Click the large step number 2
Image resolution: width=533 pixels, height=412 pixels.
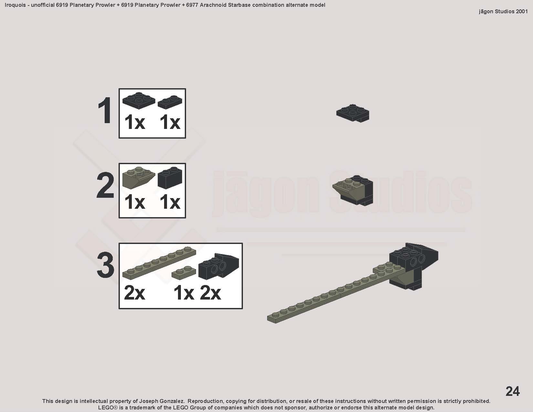(106, 185)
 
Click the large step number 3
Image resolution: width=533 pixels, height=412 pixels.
(106, 265)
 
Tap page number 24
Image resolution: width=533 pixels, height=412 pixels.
(512, 391)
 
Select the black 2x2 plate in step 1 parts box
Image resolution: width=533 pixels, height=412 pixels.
(139, 100)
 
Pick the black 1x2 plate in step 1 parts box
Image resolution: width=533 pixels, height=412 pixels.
(170, 102)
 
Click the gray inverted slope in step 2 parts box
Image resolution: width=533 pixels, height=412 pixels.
(138, 178)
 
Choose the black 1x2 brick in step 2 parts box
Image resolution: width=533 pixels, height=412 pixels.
(170, 178)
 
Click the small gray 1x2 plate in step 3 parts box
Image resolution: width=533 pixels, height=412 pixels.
(184, 273)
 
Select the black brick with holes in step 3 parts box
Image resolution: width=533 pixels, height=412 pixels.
(219, 266)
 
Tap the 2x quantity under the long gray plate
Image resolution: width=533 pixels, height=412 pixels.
(134, 293)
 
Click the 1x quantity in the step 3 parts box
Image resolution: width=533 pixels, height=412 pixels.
(184, 293)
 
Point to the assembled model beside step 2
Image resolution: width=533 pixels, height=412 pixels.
(353, 190)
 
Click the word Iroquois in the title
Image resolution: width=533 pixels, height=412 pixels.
(15, 5)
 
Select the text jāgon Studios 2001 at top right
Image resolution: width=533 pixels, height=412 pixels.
(503, 11)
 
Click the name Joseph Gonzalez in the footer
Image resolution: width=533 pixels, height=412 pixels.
(162, 401)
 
